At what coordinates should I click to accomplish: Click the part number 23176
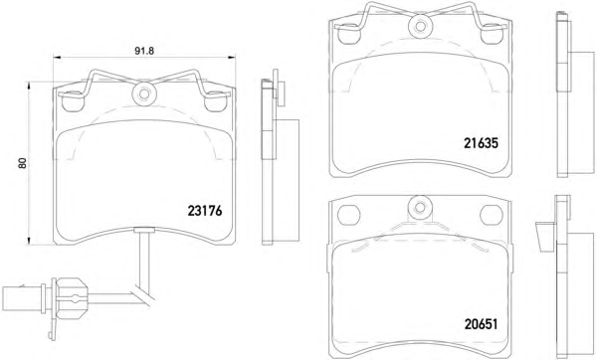[204, 211]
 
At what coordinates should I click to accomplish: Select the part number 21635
[481, 143]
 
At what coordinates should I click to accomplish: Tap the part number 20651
[481, 324]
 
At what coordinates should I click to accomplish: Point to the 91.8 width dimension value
[144, 52]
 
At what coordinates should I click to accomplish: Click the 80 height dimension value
[23, 163]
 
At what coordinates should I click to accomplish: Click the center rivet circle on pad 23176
[144, 94]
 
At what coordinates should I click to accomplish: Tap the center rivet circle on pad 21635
[420, 26]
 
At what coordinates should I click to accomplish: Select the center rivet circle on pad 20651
[420, 208]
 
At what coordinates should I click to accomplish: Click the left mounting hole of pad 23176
[72, 102]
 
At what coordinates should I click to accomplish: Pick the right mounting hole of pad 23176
[216, 102]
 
